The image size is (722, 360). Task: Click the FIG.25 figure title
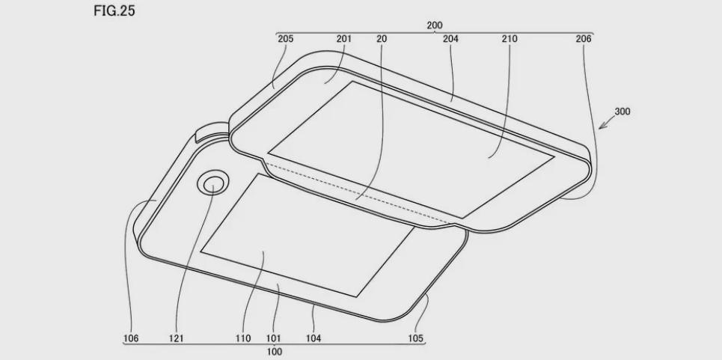[114, 10]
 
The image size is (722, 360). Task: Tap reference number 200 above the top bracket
[434, 25]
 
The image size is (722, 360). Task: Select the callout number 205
[286, 39]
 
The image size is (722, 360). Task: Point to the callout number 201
[344, 39]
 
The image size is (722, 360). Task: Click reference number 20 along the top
[382, 39]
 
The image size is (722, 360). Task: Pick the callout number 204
[451, 39]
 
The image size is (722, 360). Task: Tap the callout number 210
[510, 39]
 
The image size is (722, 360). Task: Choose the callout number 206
[584, 39]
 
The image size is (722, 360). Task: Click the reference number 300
[622, 112]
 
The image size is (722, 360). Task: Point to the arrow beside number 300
[606, 123]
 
